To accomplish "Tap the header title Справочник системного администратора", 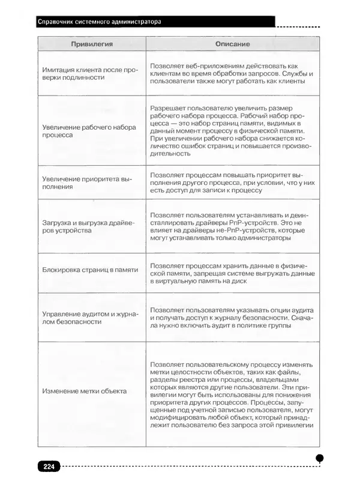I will (99, 22).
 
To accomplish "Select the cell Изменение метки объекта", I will (84, 392).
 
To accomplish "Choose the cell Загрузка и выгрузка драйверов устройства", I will (89, 226).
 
